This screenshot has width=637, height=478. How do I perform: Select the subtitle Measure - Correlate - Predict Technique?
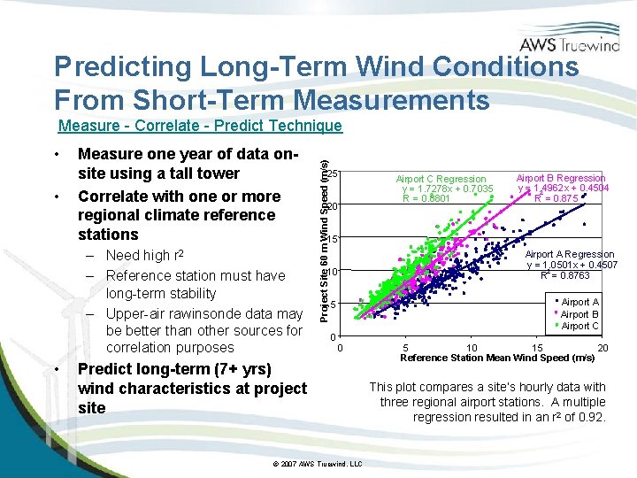(199, 127)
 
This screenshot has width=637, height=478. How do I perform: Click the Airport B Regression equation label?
(562, 189)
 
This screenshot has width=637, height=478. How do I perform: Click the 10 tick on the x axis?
(472, 348)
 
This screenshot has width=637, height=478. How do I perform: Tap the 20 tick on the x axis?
(602, 348)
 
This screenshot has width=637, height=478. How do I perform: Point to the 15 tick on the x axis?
(537, 348)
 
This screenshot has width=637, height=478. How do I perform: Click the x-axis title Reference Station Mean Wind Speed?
(496, 358)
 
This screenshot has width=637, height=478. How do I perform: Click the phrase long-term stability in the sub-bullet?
(160, 294)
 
